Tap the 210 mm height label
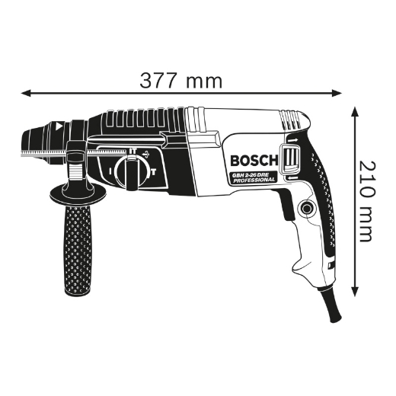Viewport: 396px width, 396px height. click(368, 201)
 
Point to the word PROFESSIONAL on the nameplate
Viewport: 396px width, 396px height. click(254, 183)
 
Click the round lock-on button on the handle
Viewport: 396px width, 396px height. click(307, 209)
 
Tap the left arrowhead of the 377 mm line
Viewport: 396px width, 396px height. click(25, 93)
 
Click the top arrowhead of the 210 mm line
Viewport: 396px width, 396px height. click(355, 109)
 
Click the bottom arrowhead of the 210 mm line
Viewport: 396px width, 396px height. click(355, 294)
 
